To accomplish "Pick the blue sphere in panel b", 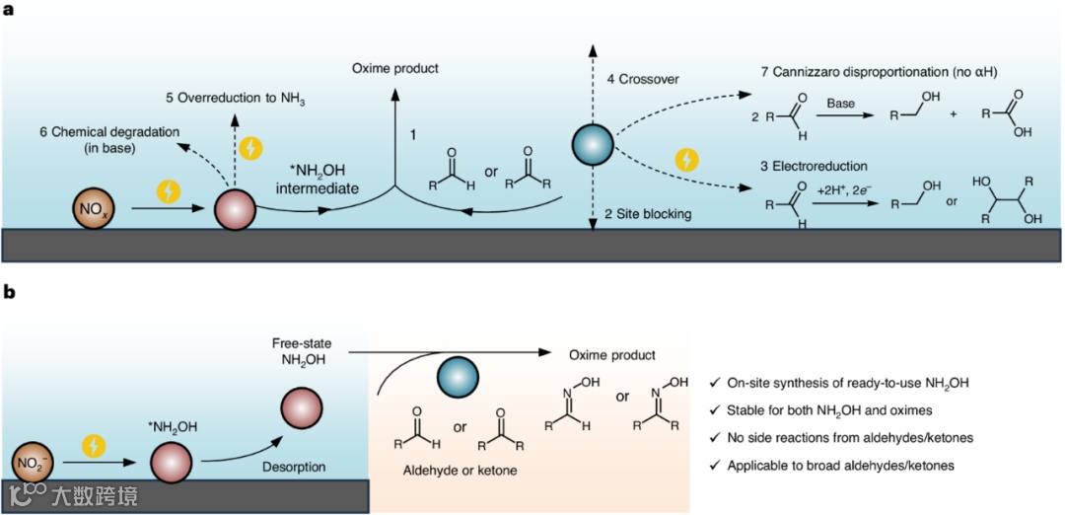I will coord(458,379).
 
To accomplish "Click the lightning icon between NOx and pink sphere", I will coord(170,191).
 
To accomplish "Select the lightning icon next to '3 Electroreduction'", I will coord(686,159).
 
